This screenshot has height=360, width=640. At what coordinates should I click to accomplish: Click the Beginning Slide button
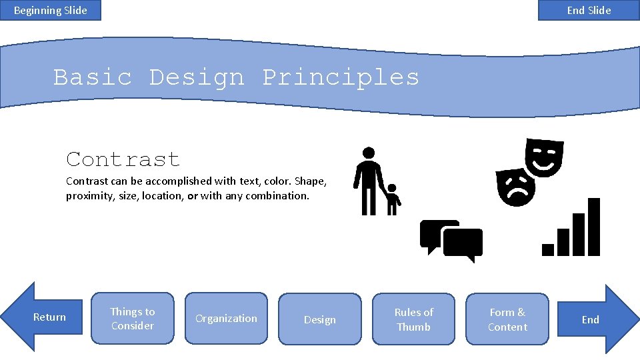51,10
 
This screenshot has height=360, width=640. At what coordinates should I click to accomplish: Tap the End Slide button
589,10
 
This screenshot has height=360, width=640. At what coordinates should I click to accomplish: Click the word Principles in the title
341,78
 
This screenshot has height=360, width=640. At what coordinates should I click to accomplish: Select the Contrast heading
123,160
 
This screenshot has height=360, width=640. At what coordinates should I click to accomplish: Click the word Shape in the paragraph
309,181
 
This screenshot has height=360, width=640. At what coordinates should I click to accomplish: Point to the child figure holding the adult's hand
393,199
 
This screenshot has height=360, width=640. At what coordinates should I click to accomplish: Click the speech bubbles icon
451,241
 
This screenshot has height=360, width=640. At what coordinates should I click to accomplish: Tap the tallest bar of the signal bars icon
593,227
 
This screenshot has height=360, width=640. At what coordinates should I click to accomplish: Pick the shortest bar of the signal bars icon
548,249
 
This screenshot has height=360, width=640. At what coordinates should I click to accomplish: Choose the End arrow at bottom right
592,319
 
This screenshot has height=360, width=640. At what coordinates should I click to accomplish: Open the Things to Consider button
132,319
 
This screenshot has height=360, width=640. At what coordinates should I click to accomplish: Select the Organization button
226,319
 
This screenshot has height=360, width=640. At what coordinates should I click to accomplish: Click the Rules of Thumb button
413,319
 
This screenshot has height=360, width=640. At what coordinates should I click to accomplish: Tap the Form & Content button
507,319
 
